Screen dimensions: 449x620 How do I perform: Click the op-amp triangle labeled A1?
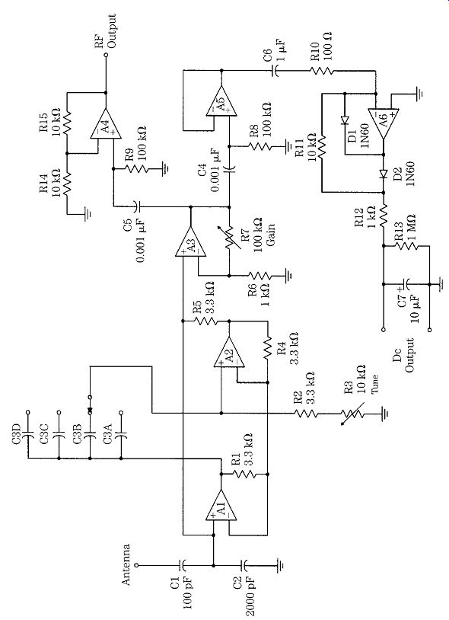[221, 505]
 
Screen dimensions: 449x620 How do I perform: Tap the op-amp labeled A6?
[383, 123]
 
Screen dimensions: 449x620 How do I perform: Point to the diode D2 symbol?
[383, 174]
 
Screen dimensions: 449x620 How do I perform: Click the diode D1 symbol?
[344, 120]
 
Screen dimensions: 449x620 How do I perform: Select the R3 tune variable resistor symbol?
[352, 414]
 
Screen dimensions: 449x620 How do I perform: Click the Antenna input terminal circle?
[136, 565]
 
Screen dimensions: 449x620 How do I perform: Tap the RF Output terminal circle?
[106, 56]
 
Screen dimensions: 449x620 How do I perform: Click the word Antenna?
[126, 564]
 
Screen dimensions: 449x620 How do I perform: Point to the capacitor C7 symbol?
[406, 284]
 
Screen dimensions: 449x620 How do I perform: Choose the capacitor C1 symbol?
[182, 565]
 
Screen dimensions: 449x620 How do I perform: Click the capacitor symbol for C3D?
[28, 433]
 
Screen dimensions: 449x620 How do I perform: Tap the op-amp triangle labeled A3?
[191, 243]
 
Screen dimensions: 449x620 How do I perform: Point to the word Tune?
[374, 384]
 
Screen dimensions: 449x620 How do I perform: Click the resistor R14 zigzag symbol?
[67, 184]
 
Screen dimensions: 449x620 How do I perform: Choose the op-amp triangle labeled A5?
[221, 101]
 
